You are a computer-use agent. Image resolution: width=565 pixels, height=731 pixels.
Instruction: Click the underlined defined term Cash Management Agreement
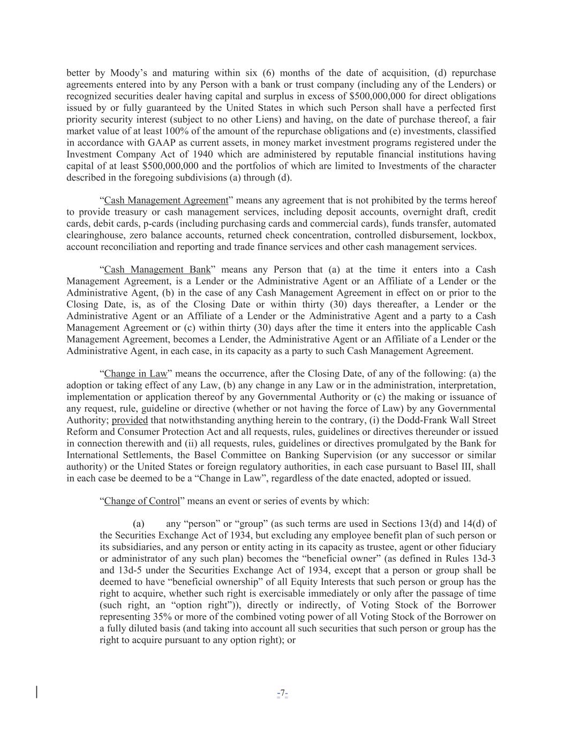click(166, 200)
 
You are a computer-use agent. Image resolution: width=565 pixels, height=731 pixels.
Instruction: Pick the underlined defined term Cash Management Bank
click(157, 269)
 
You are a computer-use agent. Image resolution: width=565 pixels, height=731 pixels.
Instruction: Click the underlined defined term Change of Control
click(142, 501)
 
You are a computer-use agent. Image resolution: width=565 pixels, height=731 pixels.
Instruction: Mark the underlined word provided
click(130, 420)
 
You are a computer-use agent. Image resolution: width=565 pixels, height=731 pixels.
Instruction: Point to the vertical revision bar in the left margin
click(37, 692)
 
